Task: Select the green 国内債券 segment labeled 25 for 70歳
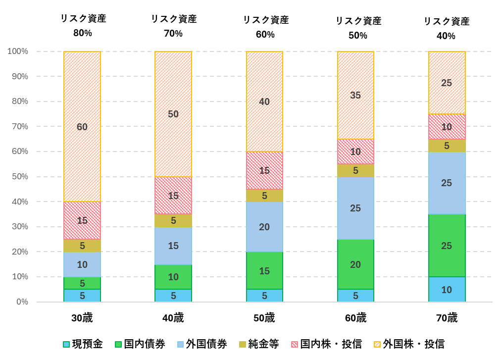447,246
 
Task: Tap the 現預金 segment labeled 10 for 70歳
447,290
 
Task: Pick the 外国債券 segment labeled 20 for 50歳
264,227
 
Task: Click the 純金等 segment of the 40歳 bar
173,221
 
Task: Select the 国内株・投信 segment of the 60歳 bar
355,152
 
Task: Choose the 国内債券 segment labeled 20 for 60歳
355,264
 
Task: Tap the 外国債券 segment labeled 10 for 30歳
82,264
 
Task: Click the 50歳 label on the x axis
264,318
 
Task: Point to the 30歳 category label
82,318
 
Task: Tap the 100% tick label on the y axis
18,51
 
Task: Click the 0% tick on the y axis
22,302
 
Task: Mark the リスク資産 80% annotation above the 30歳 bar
83,26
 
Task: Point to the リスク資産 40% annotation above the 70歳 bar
447,29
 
